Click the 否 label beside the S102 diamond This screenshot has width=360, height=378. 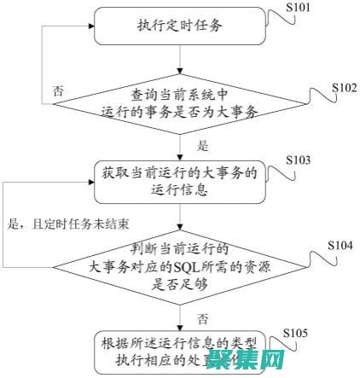(x=57, y=89)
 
